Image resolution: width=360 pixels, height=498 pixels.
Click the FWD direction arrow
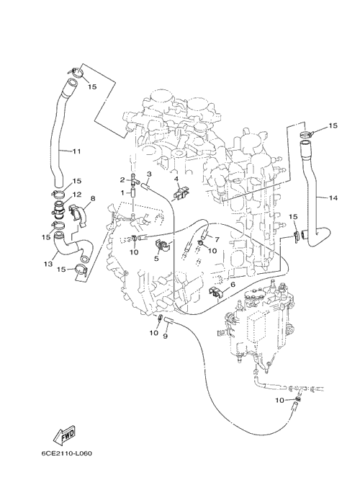point(64,435)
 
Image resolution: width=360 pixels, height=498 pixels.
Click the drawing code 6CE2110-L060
point(67,453)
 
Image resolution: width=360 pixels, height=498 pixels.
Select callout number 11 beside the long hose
point(76,151)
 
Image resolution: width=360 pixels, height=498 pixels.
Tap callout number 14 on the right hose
point(333,198)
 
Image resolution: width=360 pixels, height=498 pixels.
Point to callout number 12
point(77,194)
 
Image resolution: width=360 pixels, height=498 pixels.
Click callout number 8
point(93,198)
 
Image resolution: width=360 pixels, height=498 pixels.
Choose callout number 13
point(48,264)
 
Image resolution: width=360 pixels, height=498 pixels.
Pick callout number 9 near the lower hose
point(165,337)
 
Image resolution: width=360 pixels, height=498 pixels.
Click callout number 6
point(233,285)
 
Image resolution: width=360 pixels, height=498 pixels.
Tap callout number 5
point(156,259)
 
